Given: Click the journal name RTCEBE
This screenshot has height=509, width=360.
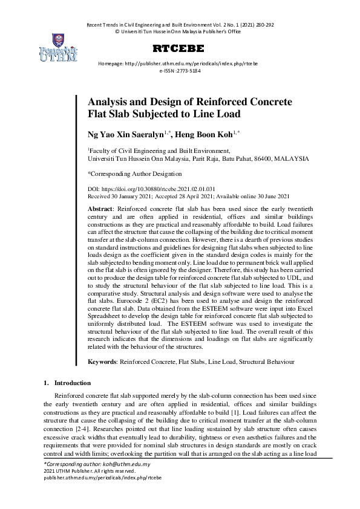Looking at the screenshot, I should pyautogui.click(x=178, y=48).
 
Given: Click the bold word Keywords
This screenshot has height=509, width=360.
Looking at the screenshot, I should pyautogui.click(x=103, y=361).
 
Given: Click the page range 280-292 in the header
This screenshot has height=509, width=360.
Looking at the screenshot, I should pyautogui.click(x=261, y=25).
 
